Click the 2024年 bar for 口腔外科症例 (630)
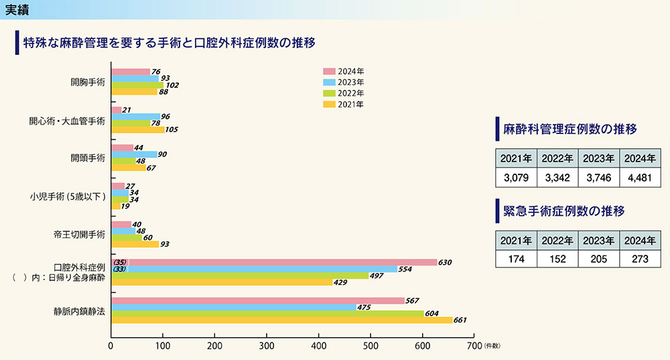coord(273,262)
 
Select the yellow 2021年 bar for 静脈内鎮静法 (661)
coord(281,320)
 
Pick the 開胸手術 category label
coord(88,82)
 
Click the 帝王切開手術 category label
coord(80,235)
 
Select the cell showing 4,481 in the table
coord(640,179)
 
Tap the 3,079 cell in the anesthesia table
coord(517,179)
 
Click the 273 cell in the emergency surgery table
coord(640,259)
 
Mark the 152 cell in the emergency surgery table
coord(557,259)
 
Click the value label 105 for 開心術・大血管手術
coord(174,130)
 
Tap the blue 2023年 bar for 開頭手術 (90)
coord(134,154)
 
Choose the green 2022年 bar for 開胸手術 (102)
coord(137,85)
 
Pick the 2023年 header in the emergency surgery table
coord(599,240)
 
